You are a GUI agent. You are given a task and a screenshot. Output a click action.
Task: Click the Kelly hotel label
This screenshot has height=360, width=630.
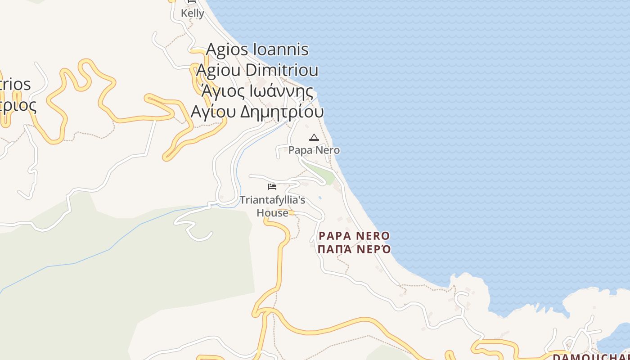[x=193, y=13]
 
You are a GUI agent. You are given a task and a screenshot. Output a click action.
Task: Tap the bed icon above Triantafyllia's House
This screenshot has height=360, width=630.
[x=272, y=186]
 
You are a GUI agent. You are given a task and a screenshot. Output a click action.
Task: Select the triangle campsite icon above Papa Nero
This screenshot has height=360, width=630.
[x=314, y=137]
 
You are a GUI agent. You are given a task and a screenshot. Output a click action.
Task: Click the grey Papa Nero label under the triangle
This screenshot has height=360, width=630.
[x=314, y=150]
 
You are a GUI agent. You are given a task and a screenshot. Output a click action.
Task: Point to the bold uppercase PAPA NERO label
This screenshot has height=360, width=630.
[x=354, y=236]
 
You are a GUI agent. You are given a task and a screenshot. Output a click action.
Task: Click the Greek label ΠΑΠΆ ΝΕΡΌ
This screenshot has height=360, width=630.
[x=354, y=249]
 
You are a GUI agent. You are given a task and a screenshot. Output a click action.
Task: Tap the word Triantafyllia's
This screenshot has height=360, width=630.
[x=272, y=200]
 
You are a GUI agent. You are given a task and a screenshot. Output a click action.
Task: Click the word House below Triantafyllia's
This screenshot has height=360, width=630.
[x=272, y=213]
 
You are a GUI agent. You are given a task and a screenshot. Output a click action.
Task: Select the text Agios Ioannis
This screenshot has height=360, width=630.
[x=257, y=49]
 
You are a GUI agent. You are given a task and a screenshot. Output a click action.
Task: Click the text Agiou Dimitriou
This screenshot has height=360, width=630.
[x=257, y=70]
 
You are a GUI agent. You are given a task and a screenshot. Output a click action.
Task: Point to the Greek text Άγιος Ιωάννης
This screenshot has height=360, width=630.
[x=257, y=91]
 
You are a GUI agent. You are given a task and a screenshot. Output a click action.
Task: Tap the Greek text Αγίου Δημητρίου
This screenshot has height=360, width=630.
[x=257, y=112]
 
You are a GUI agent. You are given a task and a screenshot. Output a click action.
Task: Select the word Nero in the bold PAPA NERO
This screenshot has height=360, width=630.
[x=373, y=236]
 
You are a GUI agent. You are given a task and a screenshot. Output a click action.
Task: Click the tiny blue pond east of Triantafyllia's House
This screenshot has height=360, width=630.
[x=320, y=197]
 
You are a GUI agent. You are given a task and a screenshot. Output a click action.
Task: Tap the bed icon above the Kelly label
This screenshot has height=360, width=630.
[x=192, y=2]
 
